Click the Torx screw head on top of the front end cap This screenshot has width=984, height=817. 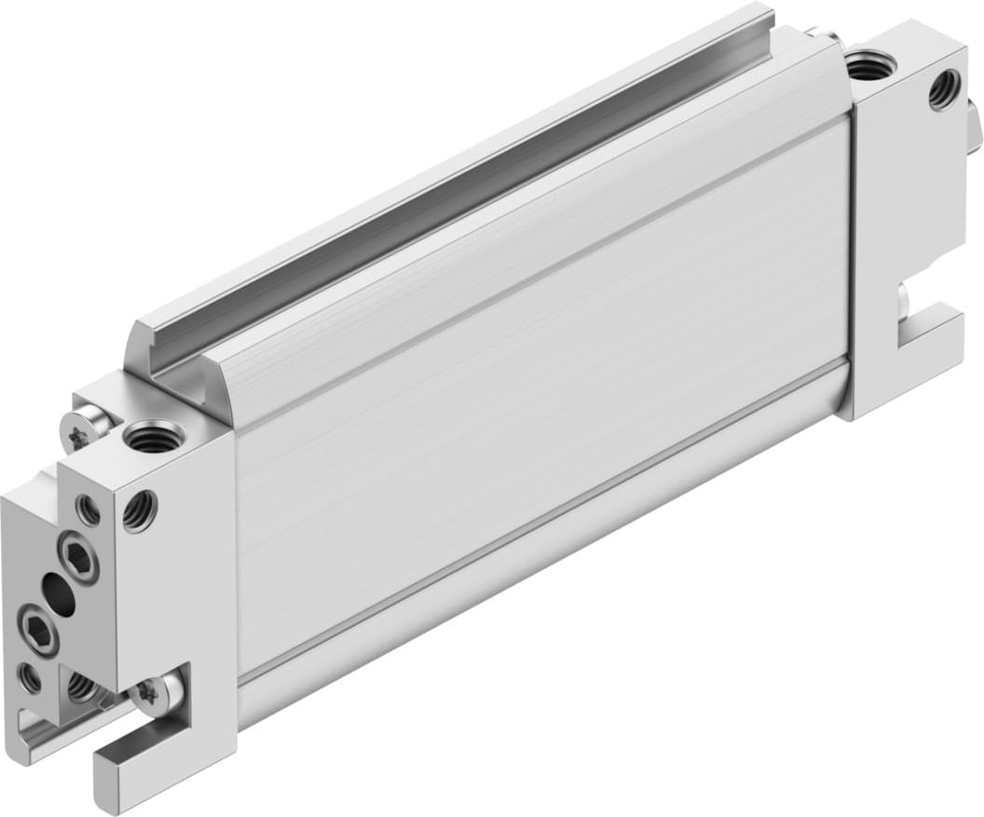pyautogui.click(x=77, y=430)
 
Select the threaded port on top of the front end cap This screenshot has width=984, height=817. pyautogui.click(x=155, y=434)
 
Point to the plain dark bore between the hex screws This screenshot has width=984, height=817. pyautogui.click(x=59, y=593)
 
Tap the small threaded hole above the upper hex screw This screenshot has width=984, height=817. pyautogui.click(x=89, y=509)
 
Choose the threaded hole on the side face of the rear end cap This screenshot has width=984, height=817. pyautogui.click(x=945, y=90)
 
